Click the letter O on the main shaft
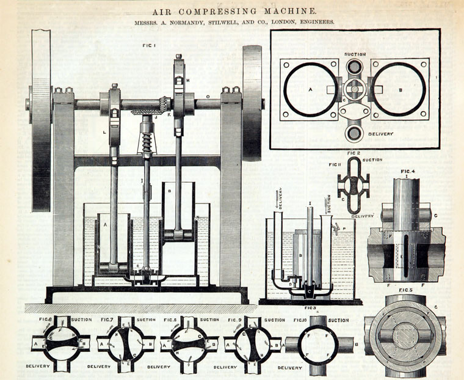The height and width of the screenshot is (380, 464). [x=208, y=96]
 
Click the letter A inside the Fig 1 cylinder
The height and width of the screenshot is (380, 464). [x=106, y=225]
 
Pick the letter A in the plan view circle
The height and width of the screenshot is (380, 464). [x=310, y=89]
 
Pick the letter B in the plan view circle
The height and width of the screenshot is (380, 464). [x=401, y=89]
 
